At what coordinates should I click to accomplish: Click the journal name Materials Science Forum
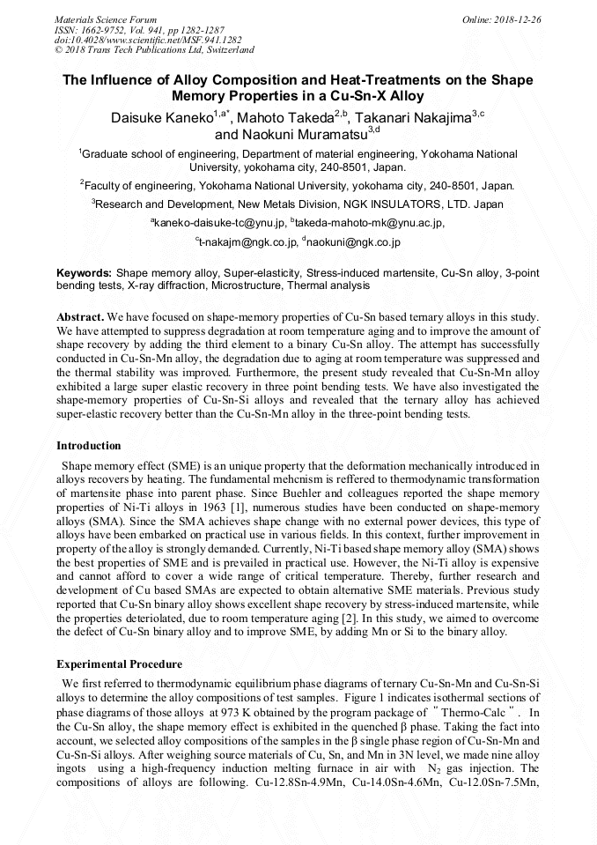pos(106,19)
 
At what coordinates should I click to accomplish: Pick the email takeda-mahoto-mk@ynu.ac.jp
pos(371,224)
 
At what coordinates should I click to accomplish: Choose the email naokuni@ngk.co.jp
pos(353,241)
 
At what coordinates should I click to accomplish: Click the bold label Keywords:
pos(85,274)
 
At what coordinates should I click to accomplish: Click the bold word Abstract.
pos(79,315)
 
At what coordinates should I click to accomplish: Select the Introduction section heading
pos(89,446)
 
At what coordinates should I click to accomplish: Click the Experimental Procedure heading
pos(119,664)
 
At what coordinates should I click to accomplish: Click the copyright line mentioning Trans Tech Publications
pos(154,50)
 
